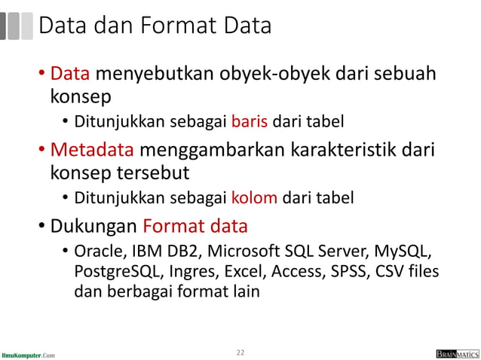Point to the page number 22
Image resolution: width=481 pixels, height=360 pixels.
click(x=240, y=352)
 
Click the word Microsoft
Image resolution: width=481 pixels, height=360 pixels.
click(x=244, y=251)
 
